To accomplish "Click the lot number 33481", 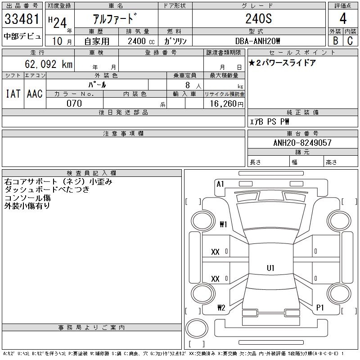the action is (x=22, y=19).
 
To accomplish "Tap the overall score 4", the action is (x=342, y=19).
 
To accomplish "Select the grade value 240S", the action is (x=258, y=19).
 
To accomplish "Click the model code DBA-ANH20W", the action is (x=258, y=40).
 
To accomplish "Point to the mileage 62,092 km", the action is (x=50, y=64).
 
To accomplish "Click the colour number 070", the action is (x=74, y=103).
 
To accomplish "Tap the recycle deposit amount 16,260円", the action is (x=224, y=103).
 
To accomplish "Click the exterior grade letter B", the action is (x=335, y=40).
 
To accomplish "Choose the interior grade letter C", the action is (x=350, y=40).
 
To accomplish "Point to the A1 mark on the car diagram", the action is (x=220, y=184).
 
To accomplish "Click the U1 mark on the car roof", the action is (x=270, y=268).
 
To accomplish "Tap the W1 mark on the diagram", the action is (x=223, y=224).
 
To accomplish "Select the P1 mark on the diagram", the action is (x=320, y=308).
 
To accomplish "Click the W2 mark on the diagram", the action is (x=221, y=308).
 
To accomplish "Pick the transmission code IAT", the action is (x=13, y=94).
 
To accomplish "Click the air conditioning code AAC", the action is (x=35, y=94).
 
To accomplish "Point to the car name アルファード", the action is (x=115, y=19).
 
